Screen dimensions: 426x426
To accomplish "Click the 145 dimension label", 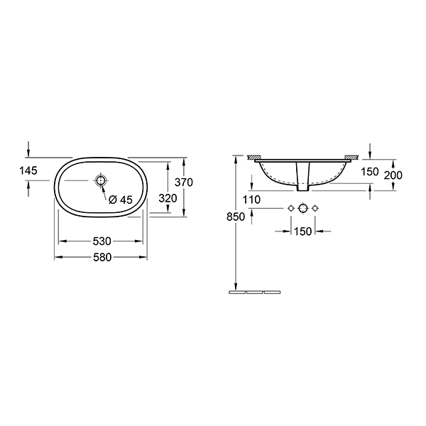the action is point(28,170).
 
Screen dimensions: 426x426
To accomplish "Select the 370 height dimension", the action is point(184,182).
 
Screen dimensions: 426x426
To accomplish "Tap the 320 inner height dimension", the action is point(168,198).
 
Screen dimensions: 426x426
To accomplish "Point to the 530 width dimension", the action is point(102,241).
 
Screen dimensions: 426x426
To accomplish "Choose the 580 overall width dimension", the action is point(102,257).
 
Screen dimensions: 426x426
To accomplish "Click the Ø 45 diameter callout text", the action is point(121,200).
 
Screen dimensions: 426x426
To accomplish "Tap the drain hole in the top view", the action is point(101,180).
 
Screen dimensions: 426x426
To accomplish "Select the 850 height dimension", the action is point(236,217).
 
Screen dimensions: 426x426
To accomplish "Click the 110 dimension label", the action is point(251,200).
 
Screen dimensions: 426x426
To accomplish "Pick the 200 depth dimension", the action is point(393,175).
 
